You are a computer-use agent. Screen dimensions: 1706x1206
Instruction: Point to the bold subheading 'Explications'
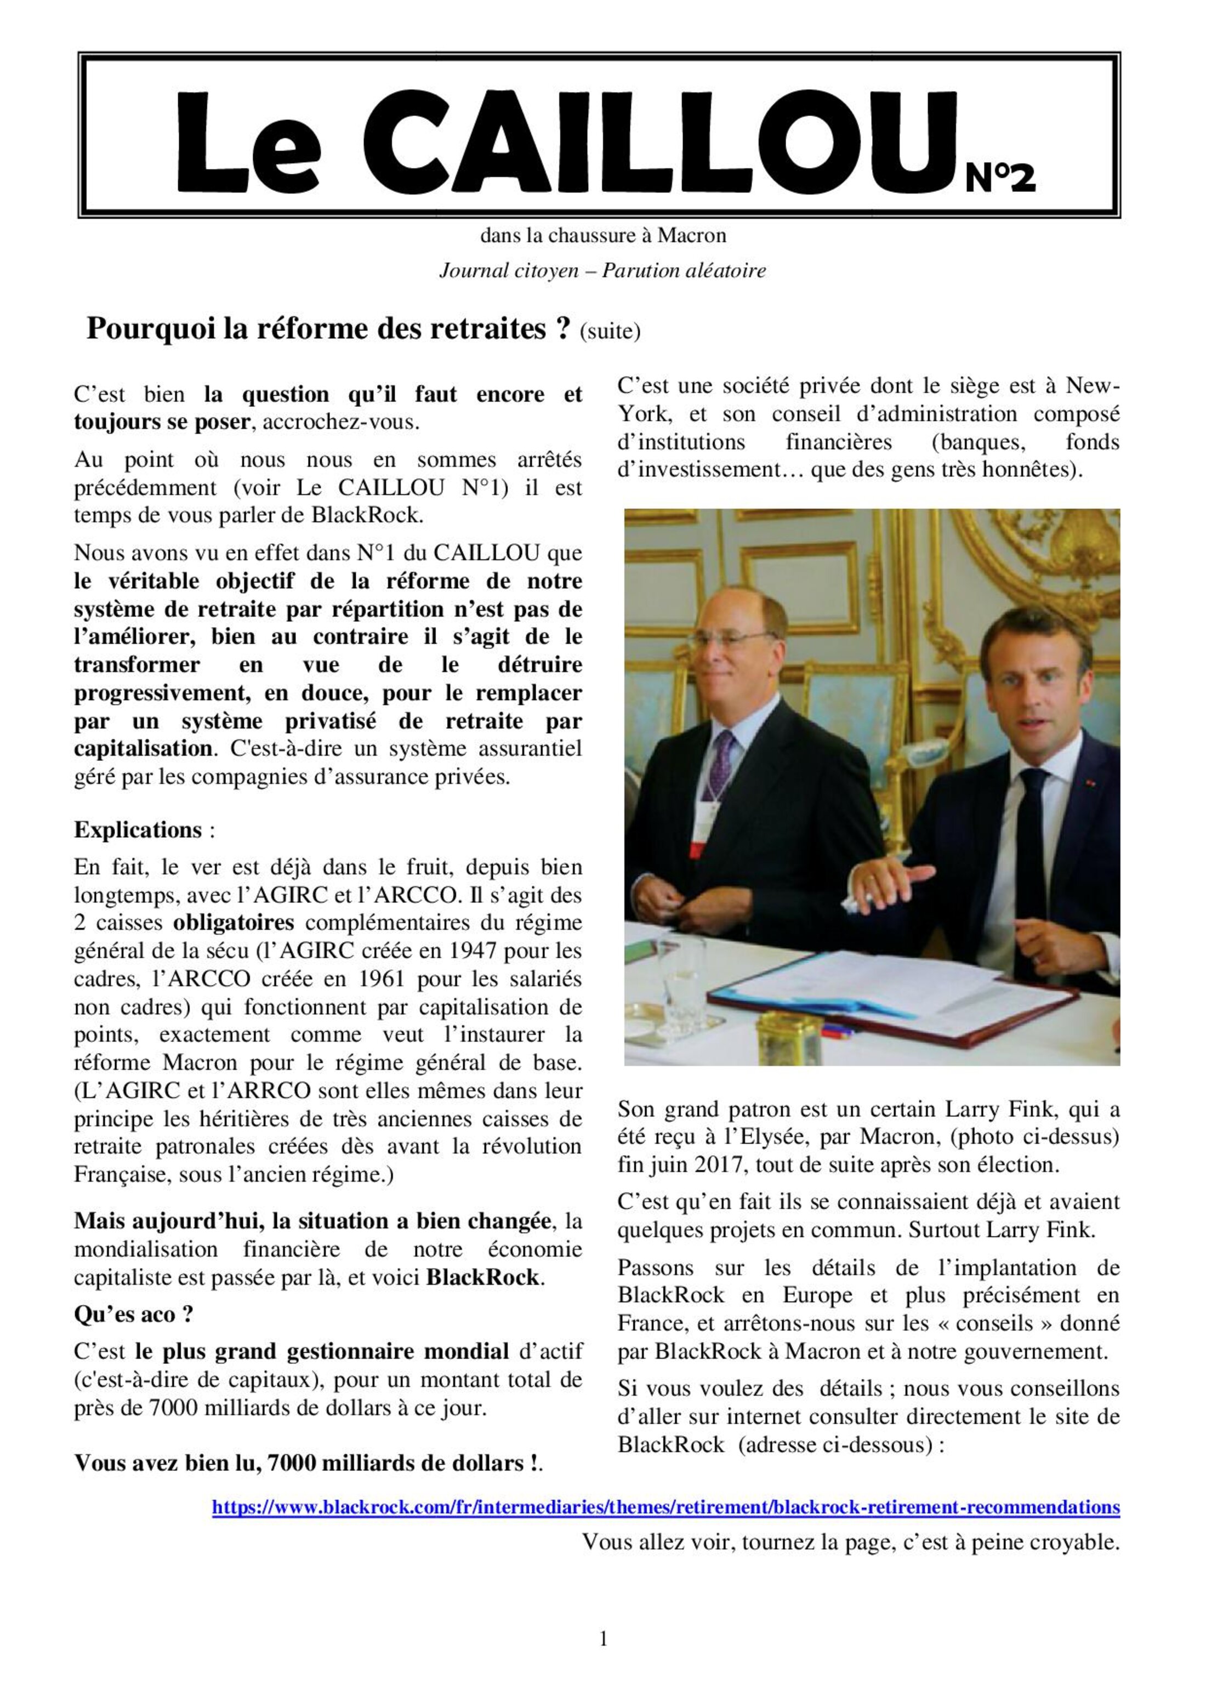click(x=138, y=829)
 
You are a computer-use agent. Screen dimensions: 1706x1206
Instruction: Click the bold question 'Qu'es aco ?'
click(x=134, y=1313)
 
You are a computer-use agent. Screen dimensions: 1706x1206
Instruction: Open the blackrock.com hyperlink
click(x=666, y=1507)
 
